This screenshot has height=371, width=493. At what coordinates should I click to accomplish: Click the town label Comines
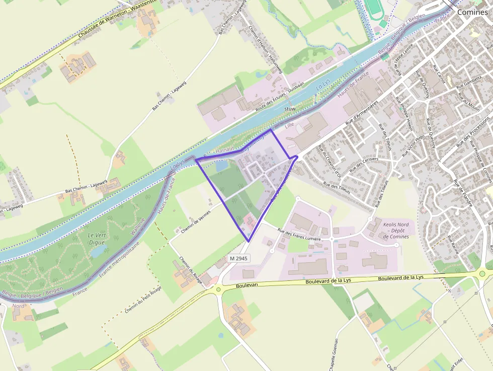tap(472, 12)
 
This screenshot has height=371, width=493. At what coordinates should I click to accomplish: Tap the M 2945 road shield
tap(239, 258)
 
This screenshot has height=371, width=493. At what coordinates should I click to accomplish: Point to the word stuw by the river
tap(290, 109)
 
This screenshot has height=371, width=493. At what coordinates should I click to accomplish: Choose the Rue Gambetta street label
tap(469, 82)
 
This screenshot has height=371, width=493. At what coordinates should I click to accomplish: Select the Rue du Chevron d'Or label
tap(330, 162)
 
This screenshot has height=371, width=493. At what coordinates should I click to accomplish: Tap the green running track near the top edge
tap(374, 9)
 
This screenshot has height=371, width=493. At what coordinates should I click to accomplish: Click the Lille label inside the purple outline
tap(289, 125)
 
